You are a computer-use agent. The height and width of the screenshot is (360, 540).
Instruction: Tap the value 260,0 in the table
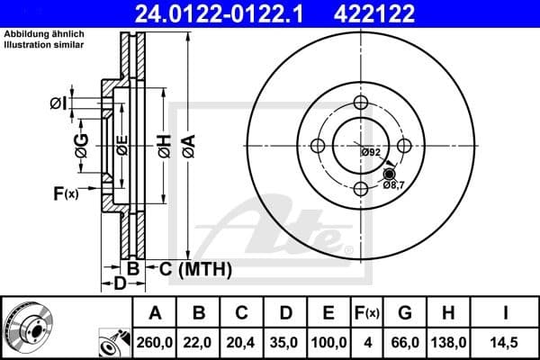(x=157, y=341)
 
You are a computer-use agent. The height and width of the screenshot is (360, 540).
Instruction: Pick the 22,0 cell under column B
(x=200, y=341)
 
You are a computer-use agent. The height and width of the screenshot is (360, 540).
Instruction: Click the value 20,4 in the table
(x=242, y=341)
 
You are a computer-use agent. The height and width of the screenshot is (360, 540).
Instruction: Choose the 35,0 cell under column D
(x=284, y=341)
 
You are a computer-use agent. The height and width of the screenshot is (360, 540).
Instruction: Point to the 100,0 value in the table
(x=328, y=341)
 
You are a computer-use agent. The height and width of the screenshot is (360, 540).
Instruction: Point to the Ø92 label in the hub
(x=370, y=152)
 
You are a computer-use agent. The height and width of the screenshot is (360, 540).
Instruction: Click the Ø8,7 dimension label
(x=394, y=184)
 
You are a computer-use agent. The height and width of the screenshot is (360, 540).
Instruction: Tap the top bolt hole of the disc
(x=361, y=103)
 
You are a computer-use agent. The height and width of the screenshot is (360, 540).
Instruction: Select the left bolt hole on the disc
(x=318, y=146)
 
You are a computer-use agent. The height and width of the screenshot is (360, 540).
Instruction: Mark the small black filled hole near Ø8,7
(x=389, y=173)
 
